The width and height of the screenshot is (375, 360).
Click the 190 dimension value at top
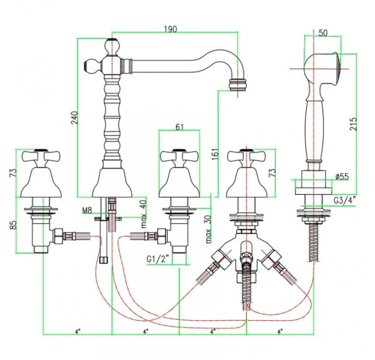170,30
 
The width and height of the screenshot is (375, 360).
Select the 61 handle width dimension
179,127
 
